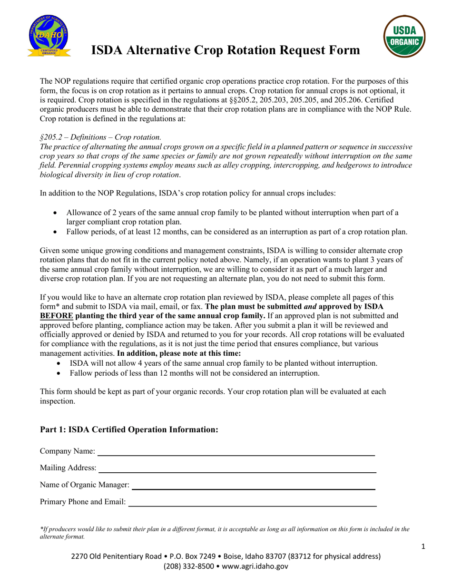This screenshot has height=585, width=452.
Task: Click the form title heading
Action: [x=226, y=49]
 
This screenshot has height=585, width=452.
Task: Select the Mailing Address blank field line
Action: [x=236, y=471]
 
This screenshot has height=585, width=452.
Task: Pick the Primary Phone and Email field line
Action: [x=252, y=505]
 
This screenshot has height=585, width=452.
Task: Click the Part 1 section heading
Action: [x=129, y=429]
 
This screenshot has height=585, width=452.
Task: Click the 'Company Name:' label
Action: [x=67, y=451]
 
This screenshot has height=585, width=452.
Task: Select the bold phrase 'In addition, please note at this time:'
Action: [x=179, y=353]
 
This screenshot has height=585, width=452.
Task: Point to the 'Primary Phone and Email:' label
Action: [x=83, y=501]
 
